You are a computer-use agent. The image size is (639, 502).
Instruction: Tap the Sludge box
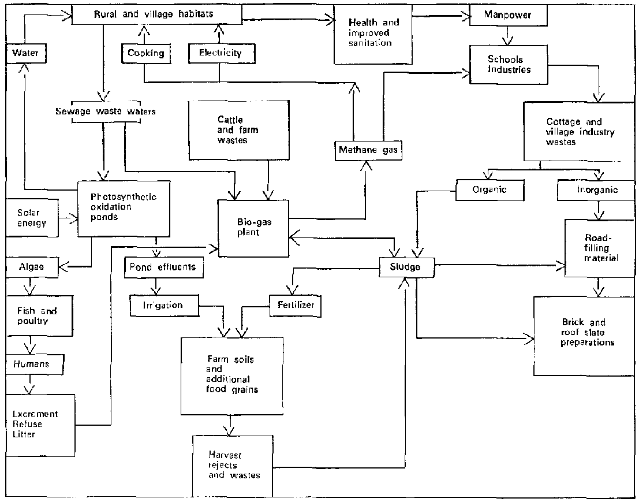coord(406,266)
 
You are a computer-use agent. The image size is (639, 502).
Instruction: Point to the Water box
coord(26,54)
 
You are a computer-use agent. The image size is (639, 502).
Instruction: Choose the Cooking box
coord(146,53)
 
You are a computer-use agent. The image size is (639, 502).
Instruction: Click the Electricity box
coord(219,53)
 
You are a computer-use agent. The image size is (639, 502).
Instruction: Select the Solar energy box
coord(32,218)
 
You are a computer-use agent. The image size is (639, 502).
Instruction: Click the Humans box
coord(33,364)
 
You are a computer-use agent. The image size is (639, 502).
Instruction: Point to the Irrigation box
coord(163,304)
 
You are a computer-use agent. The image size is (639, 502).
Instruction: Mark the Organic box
coord(490,189)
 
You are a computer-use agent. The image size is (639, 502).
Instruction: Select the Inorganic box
coord(596,189)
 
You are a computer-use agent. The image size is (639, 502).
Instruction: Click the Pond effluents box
coord(162,267)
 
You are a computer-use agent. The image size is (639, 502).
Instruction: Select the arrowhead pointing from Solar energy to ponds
coord(73,218)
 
